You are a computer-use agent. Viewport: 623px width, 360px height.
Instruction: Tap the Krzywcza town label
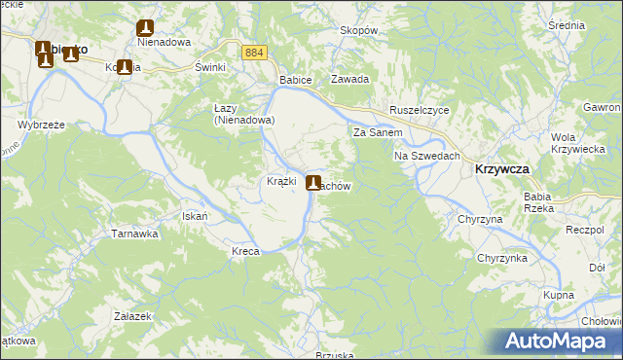point(502,168)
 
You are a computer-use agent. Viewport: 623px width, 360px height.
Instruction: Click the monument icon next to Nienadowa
point(146,28)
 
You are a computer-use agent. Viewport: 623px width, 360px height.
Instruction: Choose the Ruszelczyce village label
point(420,110)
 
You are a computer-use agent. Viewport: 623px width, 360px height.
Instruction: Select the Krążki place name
point(281,181)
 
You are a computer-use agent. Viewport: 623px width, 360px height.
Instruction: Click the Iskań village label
point(196,215)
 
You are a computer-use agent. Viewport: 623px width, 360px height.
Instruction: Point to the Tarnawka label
point(134,234)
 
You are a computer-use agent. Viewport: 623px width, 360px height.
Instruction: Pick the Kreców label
point(247,251)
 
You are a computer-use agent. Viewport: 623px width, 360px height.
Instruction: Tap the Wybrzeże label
point(41,125)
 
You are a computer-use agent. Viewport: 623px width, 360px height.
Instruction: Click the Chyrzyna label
point(480,220)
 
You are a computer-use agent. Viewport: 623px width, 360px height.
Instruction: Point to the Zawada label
point(349,80)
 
